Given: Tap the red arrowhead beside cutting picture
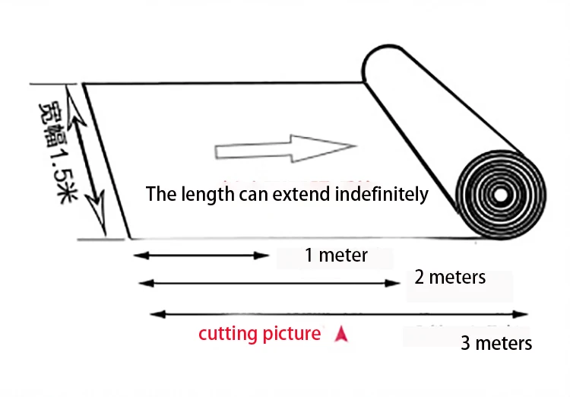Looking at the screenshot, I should [x=340, y=333].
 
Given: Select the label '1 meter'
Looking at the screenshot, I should [x=336, y=256].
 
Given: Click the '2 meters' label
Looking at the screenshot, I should [x=450, y=277].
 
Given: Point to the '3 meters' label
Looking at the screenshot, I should [x=496, y=343].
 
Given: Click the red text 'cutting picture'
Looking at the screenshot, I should [x=259, y=333].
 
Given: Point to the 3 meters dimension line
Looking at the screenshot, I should [x=339, y=313].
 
